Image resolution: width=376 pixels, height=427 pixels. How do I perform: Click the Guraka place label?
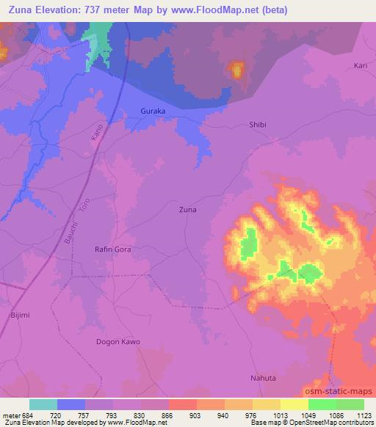coord(153,111)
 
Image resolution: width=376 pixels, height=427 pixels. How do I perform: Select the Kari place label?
coord(360,65)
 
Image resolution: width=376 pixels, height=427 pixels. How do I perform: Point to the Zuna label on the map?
coord(188,209)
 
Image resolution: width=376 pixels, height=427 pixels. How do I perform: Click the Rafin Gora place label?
coord(113,249)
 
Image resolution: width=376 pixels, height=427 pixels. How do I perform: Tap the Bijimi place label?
coord(20,315)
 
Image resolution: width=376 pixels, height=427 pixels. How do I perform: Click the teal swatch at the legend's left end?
coord(43,404)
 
